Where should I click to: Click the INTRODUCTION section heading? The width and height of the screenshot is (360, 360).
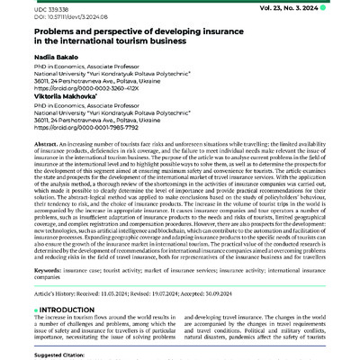[x=62, y=310]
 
